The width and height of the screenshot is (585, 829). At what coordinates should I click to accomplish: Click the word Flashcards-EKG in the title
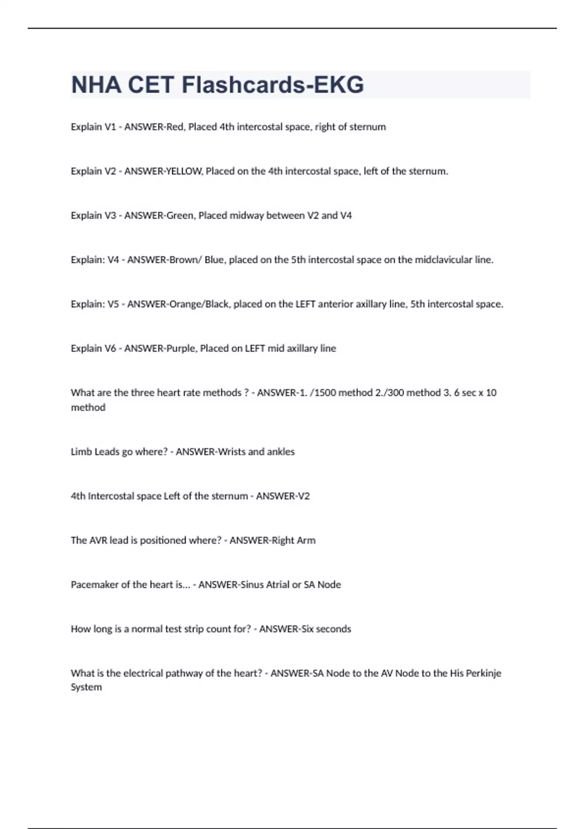coord(273,85)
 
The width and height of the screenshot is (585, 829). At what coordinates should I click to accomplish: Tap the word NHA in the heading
coord(96,85)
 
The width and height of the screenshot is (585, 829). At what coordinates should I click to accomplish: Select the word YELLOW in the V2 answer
coord(184,171)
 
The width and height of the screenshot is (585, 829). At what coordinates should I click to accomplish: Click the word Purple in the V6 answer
coord(180,349)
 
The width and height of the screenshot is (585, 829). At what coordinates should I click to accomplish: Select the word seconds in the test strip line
coord(333,629)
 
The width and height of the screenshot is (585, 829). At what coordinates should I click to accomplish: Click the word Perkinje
coord(483,673)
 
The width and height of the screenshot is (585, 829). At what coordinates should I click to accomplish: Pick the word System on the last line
coord(86,688)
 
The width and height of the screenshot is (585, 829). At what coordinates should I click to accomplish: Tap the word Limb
coord(81,452)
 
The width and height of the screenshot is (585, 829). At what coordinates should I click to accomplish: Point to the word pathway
coord(183,673)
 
